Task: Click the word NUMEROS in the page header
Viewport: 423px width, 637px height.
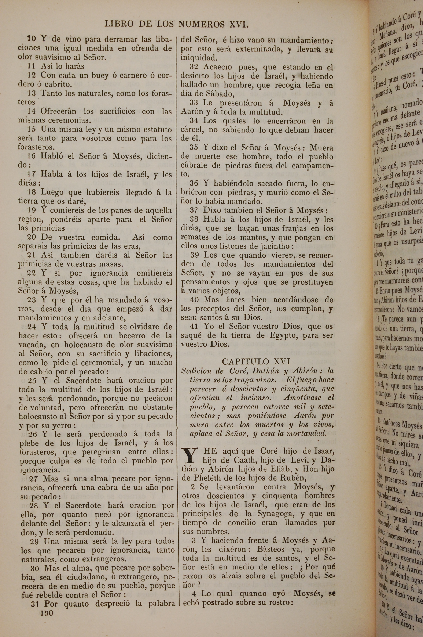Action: [201, 25]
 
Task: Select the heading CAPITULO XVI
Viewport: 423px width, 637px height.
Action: [256, 361]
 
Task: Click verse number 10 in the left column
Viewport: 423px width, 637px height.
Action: [32, 39]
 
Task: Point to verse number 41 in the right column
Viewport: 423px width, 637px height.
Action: [194, 327]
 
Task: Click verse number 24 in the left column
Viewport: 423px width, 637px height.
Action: [32, 327]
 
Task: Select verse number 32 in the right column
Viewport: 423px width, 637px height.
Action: [194, 67]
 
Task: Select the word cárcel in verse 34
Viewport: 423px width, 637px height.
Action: [191, 130]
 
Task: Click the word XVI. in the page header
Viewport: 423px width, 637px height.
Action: [238, 25]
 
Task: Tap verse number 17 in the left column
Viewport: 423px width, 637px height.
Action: [32, 174]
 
